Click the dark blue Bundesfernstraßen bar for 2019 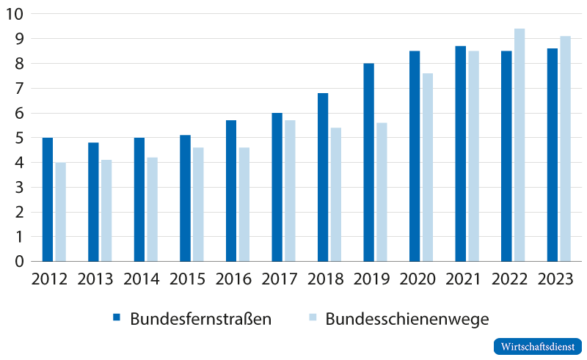[x=368, y=162]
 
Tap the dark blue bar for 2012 [x=47, y=199]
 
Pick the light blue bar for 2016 [x=244, y=205]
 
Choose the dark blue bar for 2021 [x=460, y=153]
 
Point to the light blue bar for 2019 [x=382, y=192]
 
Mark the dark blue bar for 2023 [x=552, y=155]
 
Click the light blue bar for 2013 [x=106, y=210]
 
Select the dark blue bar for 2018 [x=323, y=177]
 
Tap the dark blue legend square [x=116, y=318]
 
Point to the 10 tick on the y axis [x=15, y=14]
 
